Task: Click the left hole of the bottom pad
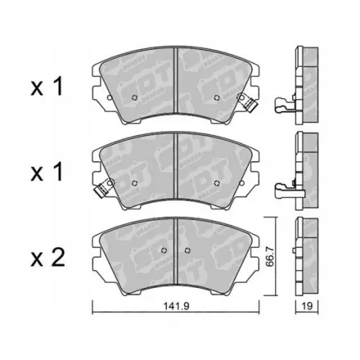[x=165, y=251]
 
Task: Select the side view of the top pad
[x=306, y=79]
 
